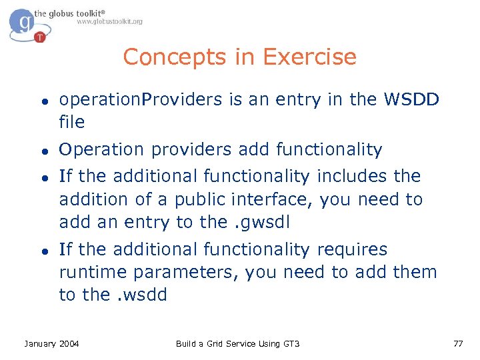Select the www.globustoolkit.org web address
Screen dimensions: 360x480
(x=109, y=22)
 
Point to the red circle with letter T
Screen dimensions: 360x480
(x=40, y=37)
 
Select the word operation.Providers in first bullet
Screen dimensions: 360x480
(x=141, y=100)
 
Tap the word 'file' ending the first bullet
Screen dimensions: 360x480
(x=72, y=122)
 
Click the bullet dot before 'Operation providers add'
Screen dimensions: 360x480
(x=42, y=151)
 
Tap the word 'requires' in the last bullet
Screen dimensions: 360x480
(x=352, y=249)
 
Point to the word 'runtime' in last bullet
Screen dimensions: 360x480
(x=94, y=272)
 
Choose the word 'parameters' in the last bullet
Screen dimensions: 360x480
(x=187, y=272)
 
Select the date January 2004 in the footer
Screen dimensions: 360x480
(x=51, y=343)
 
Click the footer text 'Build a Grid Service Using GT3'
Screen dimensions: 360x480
(x=238, y=343)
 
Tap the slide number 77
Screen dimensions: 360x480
(x=457, y=343)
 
